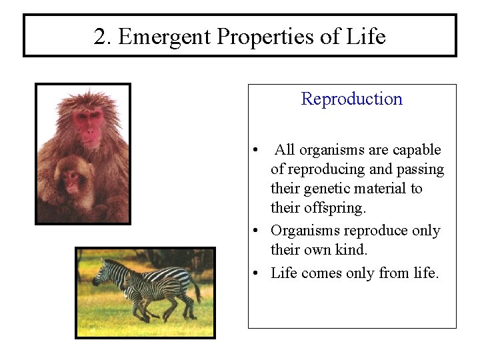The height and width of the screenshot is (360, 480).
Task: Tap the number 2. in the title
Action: tap(103, 37)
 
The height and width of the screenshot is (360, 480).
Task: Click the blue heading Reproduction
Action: tap(351, 99)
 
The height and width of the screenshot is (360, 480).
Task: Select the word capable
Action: tap(417, 150)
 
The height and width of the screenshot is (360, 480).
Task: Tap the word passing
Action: tap(420, 169)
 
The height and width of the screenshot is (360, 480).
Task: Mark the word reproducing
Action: tap(323, 169)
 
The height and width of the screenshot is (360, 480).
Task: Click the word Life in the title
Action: tap(366, 37)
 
